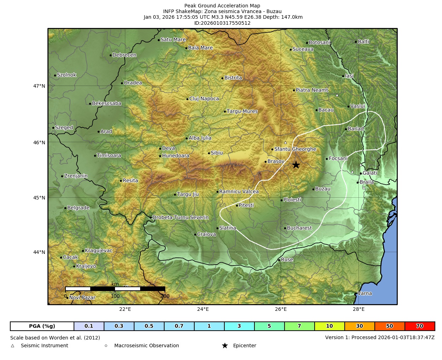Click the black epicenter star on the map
(x=296, y=165)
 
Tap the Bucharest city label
(x=299, y=228)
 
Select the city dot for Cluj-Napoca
(x=187, y=99)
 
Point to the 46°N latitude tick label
(x=39, y=143)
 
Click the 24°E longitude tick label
(x=203, y=309)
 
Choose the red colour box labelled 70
(x=420, y=326)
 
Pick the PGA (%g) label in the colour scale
(x=42, y=326)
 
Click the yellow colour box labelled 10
(x=329, y=326)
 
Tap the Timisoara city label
(x=109, y=156)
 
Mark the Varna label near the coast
(x=364, y=294)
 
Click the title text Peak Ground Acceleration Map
(x=222, y=6)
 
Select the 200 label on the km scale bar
(x=165, y=296)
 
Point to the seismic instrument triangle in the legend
(x=13, y=346)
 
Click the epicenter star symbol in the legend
(x=225, y=346)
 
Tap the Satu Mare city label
(x=173, y=40)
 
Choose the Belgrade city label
(x=78, y=208)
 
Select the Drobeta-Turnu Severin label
(x=180, y=217)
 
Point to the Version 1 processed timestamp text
(x=380, y=337)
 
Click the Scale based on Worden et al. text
(x=55, y=338)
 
